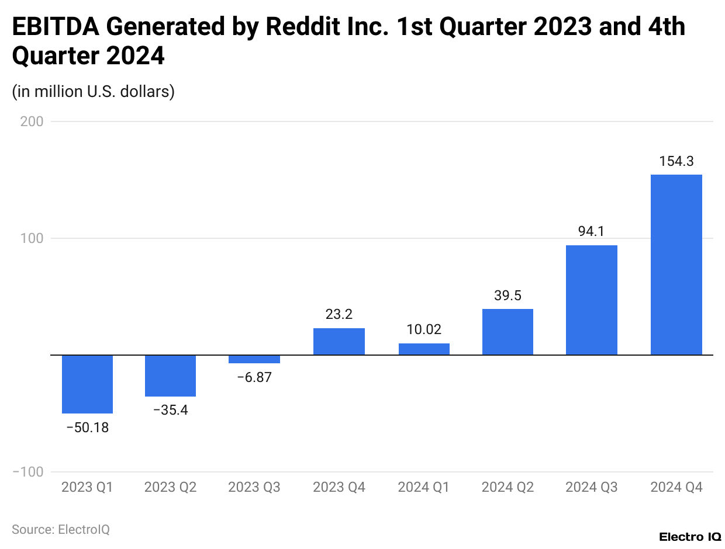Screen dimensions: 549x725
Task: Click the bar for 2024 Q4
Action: pos(676,265)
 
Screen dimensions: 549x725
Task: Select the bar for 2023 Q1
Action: pos(87,384)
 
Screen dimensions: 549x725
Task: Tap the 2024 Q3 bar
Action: pos(592,300)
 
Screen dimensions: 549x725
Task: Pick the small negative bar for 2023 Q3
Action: pos(254,359)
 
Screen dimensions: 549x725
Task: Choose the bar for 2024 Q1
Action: pos(424,349)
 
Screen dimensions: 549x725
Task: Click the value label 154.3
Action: pos(676,161)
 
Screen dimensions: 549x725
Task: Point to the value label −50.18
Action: pos(87,428)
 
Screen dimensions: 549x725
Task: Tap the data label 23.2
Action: pos(339,314)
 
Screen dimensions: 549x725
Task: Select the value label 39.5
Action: pos(508,296)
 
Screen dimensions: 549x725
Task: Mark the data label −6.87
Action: pos(254,377)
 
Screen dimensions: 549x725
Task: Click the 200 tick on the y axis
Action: pos(33,121)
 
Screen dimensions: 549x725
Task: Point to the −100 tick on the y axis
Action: pos(28,472)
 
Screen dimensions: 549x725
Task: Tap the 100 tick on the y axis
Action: pos(33,238)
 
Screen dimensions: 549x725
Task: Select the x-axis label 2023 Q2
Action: pos(170,487)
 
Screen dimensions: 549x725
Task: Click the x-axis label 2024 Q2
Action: pos(508,487)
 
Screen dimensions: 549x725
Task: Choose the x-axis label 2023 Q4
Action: pos(339,487)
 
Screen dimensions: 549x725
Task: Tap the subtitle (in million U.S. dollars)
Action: pos(94,92)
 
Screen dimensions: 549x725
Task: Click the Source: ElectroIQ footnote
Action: pos(61,529)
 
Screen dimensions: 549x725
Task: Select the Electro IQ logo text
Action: pos(689,537)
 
